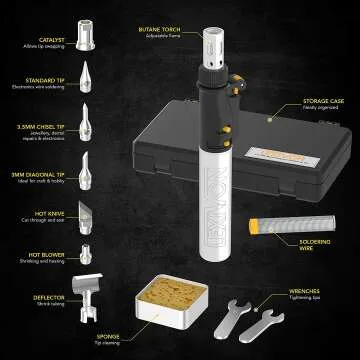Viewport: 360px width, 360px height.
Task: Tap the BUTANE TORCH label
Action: pyautogui.click(x=164, y=31)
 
